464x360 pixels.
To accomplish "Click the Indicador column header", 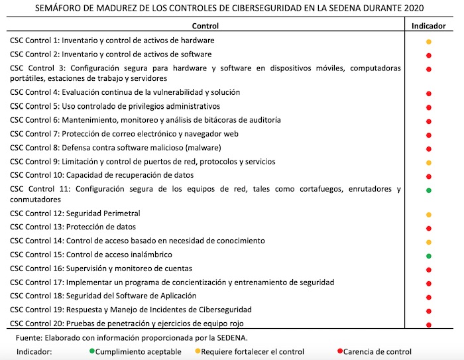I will [428, 26].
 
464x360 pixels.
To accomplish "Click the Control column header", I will [205, 26].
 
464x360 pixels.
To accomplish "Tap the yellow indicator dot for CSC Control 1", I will [429, 42].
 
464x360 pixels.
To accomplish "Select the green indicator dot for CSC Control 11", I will [429, 191].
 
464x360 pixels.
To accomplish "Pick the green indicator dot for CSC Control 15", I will [429, 256].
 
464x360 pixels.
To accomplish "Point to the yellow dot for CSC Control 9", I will [429, 162].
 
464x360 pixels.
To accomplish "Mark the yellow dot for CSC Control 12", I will [429, 215].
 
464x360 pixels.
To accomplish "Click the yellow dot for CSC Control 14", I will [429, 242].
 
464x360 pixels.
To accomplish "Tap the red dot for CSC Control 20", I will [429, 325].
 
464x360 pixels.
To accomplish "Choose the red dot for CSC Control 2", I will [429, 55].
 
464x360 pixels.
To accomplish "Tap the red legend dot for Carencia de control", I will [339, 351].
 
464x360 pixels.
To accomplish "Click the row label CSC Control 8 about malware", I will [115, 147].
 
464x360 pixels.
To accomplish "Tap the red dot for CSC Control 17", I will [429, 283].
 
